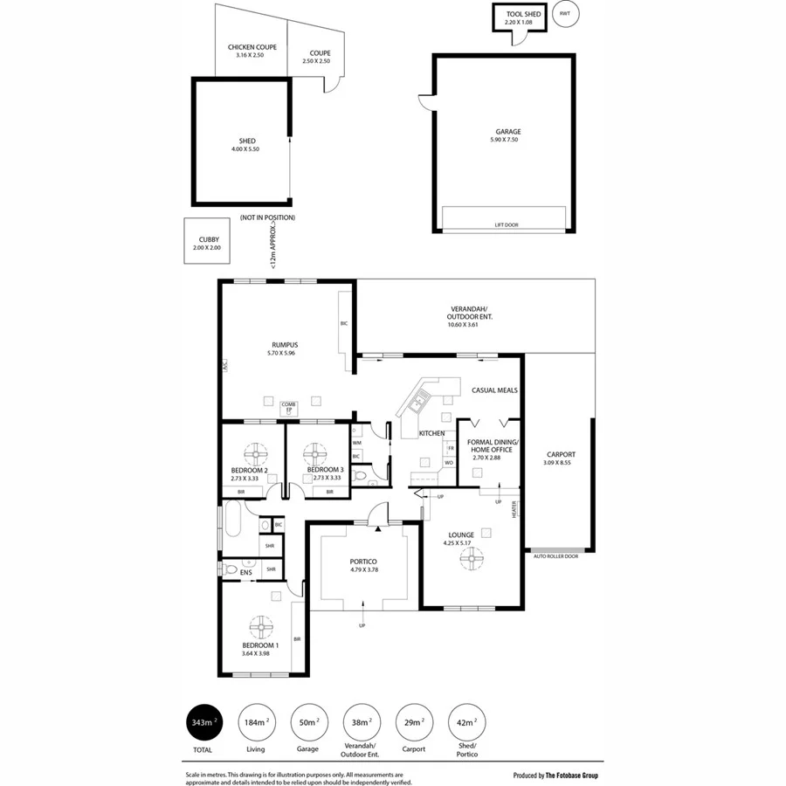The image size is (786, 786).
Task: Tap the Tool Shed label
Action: [518, 14]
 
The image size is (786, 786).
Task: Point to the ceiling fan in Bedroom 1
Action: [260, 626]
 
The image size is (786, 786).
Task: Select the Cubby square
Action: [208, 243]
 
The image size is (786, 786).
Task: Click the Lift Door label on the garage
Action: [506, 225]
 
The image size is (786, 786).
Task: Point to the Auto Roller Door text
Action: [555, 556]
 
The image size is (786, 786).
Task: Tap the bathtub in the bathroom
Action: [235, 520]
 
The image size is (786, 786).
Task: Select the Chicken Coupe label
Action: [252, 46]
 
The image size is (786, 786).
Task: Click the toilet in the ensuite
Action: [230, 569]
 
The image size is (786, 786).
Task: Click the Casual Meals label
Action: [494, 390]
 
